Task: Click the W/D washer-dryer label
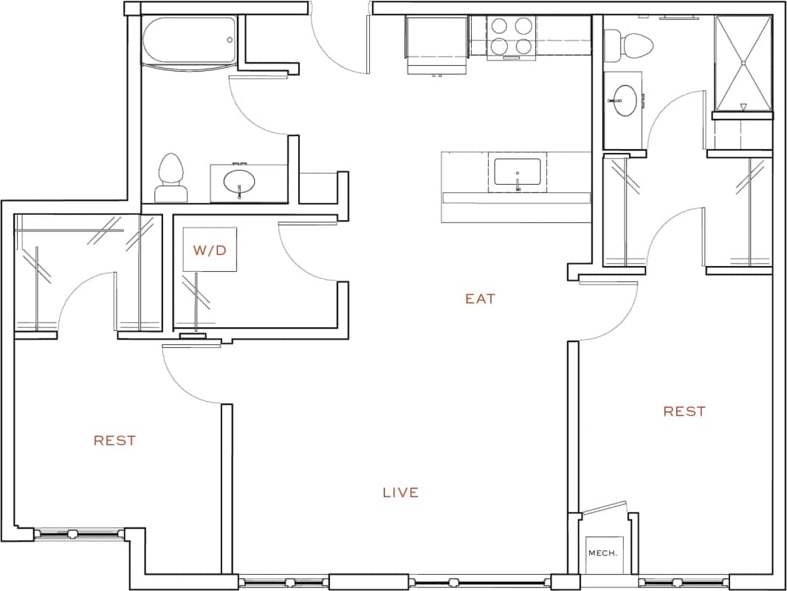210,250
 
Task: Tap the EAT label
480,299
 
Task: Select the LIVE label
401,493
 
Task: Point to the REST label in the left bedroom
114,441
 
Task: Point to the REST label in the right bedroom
684,411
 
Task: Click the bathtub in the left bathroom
189,42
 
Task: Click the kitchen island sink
517,174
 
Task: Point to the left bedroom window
80,533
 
